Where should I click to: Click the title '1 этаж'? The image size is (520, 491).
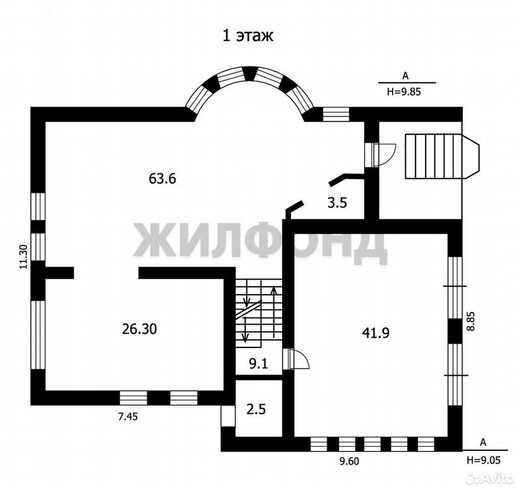248,36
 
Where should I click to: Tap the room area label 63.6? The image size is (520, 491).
162,179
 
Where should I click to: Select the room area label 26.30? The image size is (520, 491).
139,329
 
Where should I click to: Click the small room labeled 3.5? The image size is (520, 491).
337,203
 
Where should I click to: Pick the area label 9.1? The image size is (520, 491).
258,364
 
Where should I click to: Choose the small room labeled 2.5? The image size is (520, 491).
256,409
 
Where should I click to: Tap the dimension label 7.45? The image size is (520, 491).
128,416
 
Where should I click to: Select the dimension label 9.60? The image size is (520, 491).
349,461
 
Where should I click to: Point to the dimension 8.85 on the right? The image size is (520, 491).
470,321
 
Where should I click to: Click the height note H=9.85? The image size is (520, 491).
404,92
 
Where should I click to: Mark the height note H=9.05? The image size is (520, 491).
483,460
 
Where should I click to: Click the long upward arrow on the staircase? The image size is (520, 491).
274,312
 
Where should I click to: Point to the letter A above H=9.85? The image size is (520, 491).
405,76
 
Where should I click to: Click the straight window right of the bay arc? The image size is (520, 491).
336,114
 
